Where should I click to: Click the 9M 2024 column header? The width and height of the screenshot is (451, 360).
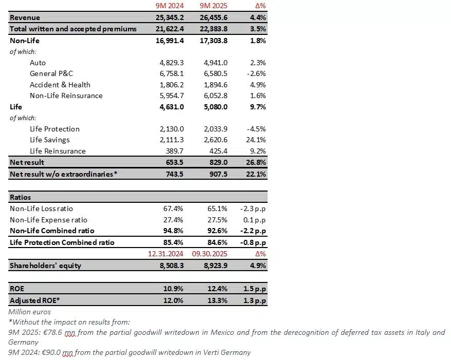pos(168,6)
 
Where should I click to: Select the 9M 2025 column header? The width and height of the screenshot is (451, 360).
pos(213,6)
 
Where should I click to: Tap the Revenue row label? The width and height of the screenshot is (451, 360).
pos(25,18)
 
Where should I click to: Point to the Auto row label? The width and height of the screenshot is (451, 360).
pos(37,63)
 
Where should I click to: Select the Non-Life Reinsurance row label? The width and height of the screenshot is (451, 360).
pos(66,96)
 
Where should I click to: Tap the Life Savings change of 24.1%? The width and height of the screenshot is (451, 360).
pos(255,140)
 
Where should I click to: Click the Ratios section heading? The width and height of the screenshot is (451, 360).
pos(21,197)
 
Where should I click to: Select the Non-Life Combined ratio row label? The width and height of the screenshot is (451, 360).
pos(52,231)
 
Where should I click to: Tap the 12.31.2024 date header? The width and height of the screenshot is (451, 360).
pos(165,254)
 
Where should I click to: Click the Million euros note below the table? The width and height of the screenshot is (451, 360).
pos(29,312)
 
